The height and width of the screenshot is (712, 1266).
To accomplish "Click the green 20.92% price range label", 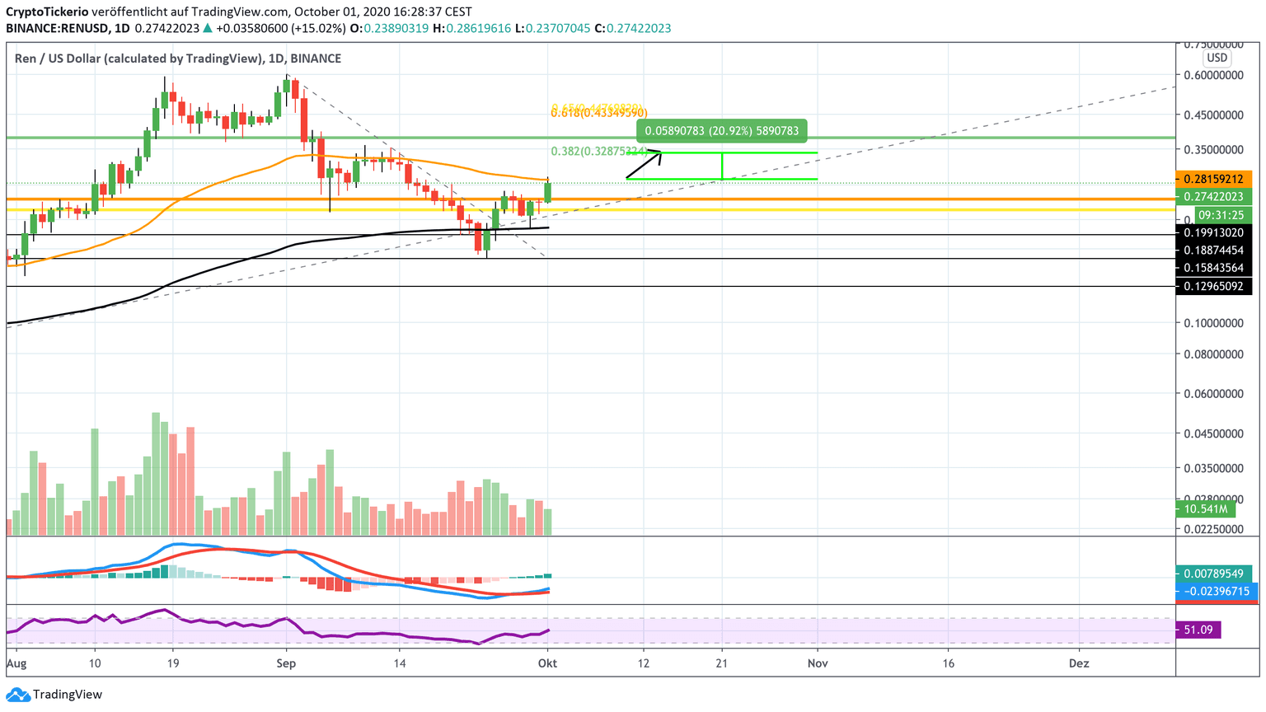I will coord(721,130).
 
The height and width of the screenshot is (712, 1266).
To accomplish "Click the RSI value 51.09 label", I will coord(1198,630).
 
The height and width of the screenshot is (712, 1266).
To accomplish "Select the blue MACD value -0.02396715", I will coord(1216,591).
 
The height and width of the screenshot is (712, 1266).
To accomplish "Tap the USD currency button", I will coord(1217,58).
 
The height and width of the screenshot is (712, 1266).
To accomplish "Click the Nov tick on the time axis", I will coord(818,663).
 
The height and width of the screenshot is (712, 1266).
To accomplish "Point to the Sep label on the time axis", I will coord(286,663).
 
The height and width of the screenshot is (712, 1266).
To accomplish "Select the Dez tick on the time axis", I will coord(1078,663).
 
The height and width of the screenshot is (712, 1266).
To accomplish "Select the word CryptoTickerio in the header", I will coord(46,12).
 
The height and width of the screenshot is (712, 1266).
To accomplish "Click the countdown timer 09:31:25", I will coord(1221,215).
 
